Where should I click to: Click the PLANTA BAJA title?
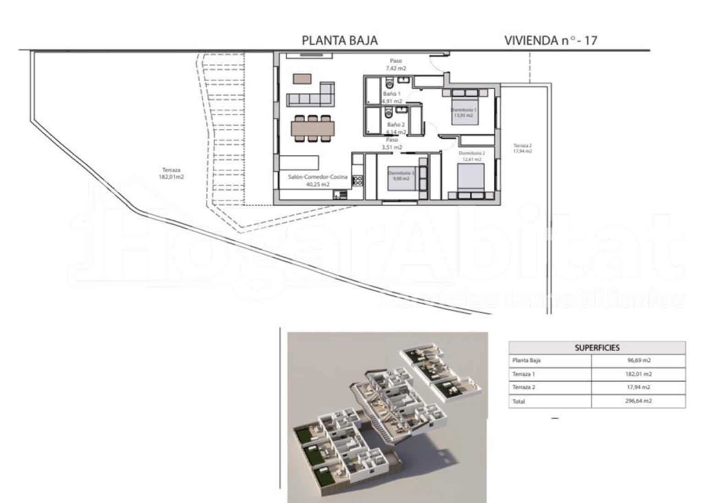click(x=340, y=40)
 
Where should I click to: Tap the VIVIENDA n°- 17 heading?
click(x=550, y=40)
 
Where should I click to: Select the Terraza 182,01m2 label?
click(x=171, y=173)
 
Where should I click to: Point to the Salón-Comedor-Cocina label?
click(x=318, y=180)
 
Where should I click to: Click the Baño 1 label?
click(x=392, y=97)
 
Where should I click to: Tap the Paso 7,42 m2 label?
click(x=395, y=64)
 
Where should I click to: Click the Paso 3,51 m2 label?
click(x=392, y=143)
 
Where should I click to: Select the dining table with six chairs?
click(x=313, y=127)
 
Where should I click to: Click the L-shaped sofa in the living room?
click(x=310, y=95)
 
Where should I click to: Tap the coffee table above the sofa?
click(x=302, y=78)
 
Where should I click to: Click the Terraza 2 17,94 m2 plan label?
click(x=522, y=148)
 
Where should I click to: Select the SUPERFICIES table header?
click(x=597, y=348)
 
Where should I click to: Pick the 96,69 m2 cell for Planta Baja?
click(x=639, y=361)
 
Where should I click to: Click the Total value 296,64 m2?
click(x=639, y=401)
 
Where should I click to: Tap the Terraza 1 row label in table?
click(x=524, y=374)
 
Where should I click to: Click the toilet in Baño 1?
click(x=389, y=83)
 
